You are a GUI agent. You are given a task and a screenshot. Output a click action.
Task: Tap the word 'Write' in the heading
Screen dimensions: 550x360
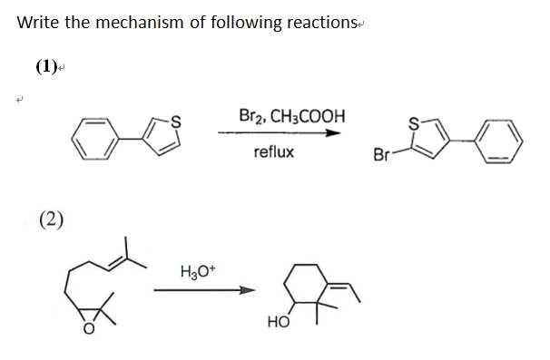38,23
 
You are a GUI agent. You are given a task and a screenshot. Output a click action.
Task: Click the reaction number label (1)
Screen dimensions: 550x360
45,65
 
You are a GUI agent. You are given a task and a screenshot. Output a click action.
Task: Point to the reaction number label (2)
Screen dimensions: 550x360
51,218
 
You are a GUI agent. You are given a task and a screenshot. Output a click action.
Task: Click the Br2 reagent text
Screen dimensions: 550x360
250,117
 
